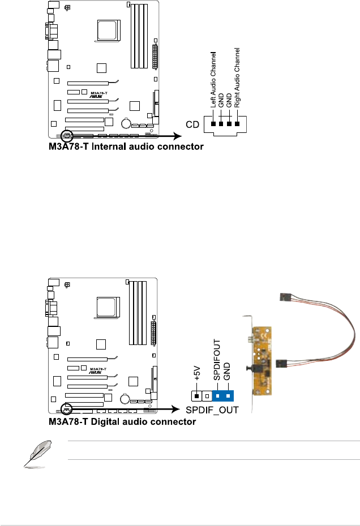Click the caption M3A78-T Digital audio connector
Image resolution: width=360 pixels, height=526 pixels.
click(122, 421)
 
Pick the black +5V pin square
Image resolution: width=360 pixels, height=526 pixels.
click(196, 395)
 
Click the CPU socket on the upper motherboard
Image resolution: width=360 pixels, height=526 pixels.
click(108, 29)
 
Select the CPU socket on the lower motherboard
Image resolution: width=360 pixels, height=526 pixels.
click(108, 308)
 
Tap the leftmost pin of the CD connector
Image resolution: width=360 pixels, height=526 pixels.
click(214, 124)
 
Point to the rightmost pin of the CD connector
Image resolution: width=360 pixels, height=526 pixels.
click(238, 124)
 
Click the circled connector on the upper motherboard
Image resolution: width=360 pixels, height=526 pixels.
click(67, 136)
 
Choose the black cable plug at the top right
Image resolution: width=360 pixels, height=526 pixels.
click(286, 297)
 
